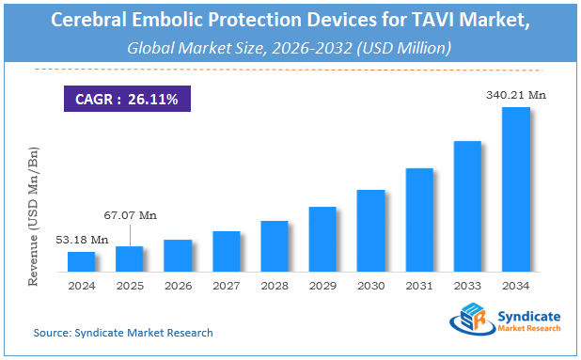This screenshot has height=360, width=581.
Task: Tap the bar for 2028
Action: tap(275, 246)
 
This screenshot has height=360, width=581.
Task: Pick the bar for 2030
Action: tap(370, 231)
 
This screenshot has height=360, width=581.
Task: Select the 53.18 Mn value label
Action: tap(82, 240)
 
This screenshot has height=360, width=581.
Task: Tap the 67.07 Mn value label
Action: tap(131, 215)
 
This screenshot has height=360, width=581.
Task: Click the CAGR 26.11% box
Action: tap(125, 97)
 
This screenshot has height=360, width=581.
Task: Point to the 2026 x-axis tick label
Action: tap(178, 286)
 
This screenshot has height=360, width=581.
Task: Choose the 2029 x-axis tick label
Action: tap(322, 286)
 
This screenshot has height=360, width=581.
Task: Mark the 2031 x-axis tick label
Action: tap(419, 286)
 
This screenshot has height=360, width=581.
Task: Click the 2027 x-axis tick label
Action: tap(226, 286)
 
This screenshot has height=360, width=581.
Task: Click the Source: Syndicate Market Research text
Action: tap(122, 333)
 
